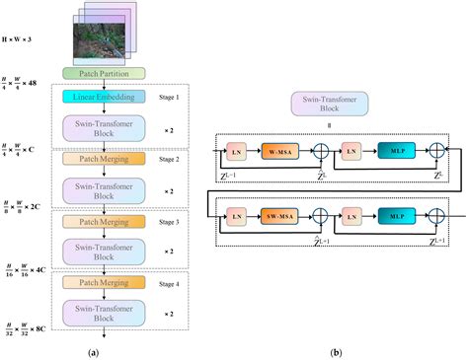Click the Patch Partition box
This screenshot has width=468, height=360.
pyautogui.click(x=106, y=73)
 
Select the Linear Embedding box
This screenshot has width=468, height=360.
pyautogui.click(x=106, y=97)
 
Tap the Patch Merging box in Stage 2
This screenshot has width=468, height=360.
pyautogui.click(x=106, y=158)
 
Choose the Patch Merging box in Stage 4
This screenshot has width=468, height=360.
pyautogui.click(x=106, y=282)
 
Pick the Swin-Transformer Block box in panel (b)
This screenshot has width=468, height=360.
pyautogui.click(x=329, y=104)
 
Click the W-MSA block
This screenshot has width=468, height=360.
pyautogui.click(x=279, y=153)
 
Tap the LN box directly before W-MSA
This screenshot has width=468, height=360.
pyautogui.click(x=237, y=153)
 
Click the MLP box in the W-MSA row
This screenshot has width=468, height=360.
pyautogui.click(x=392, y=153)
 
